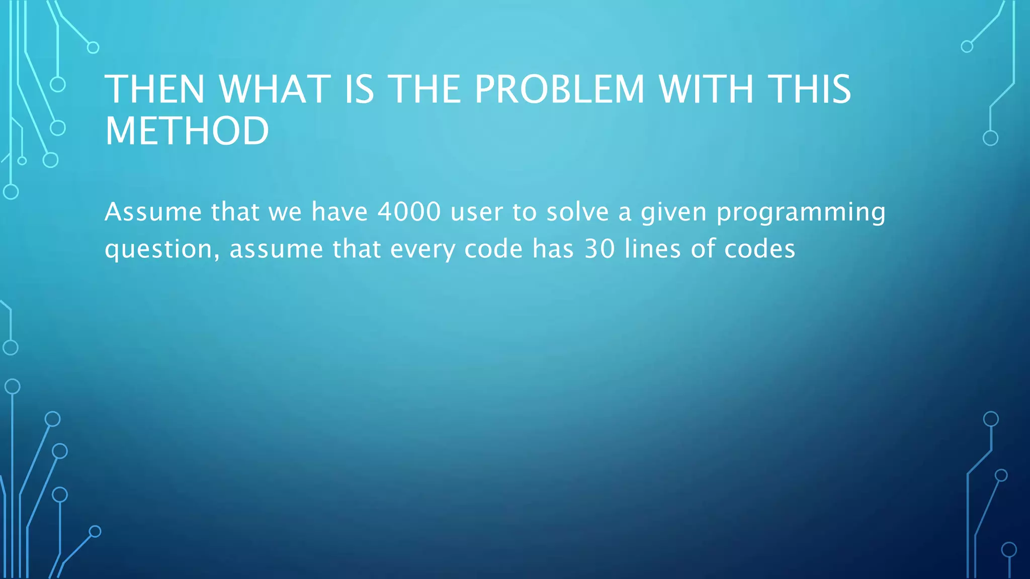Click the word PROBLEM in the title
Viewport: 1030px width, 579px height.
point(559,89)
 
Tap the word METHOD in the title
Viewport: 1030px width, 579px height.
point(187,131)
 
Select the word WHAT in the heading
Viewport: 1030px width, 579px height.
point(275,89)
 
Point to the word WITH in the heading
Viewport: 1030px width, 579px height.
point(706,89)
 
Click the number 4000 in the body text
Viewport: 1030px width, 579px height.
point(409,212)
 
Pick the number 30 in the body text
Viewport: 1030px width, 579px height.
point(599,249)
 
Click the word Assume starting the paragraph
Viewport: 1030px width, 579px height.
point(153,212)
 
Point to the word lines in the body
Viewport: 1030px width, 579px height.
point(653,249)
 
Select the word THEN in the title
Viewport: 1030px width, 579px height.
point(155,89)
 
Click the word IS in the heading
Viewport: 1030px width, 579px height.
point(359,89)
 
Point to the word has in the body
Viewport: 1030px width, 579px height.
point(553,249)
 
